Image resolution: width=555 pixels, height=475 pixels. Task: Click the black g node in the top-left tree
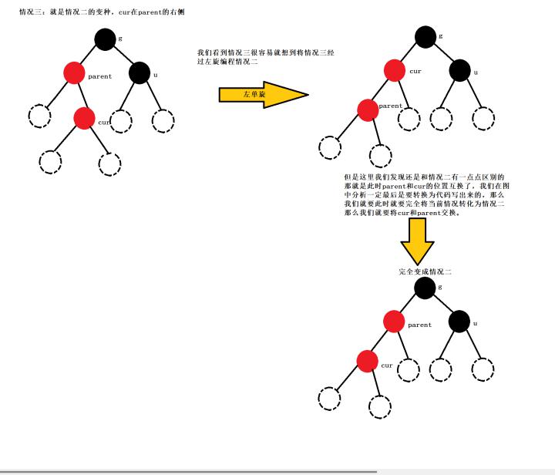(105, 39)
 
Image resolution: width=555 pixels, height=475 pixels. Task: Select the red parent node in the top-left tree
(74, 72)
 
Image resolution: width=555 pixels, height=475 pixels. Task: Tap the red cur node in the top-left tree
(84, 118)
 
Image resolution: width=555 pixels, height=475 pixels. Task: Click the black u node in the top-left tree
(140, 72)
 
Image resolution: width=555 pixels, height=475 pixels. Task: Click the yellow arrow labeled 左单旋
(264, 95)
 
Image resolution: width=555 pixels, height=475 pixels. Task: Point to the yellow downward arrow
(417, 241)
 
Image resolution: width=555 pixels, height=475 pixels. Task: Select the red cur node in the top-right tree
(395, 70)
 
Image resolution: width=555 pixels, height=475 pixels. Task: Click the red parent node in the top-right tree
(368, 110)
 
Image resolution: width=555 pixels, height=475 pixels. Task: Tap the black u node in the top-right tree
(459, 70)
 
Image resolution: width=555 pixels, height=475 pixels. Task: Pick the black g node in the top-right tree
(425, 37)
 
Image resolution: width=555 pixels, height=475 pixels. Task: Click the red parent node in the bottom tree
(394, 322)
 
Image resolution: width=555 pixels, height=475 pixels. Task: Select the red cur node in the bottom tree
(367, 361)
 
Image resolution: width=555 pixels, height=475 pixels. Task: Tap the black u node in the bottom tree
(459, 322)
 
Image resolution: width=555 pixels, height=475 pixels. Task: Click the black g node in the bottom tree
(425, 288)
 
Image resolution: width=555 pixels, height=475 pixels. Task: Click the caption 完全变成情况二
(425, 272)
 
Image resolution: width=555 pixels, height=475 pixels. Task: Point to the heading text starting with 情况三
(102, 12)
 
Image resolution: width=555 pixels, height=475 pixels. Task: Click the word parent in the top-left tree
(99, 76)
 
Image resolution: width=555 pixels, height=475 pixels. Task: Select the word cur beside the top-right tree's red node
(415, 71)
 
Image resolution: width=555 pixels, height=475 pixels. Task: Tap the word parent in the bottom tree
(420, 325)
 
